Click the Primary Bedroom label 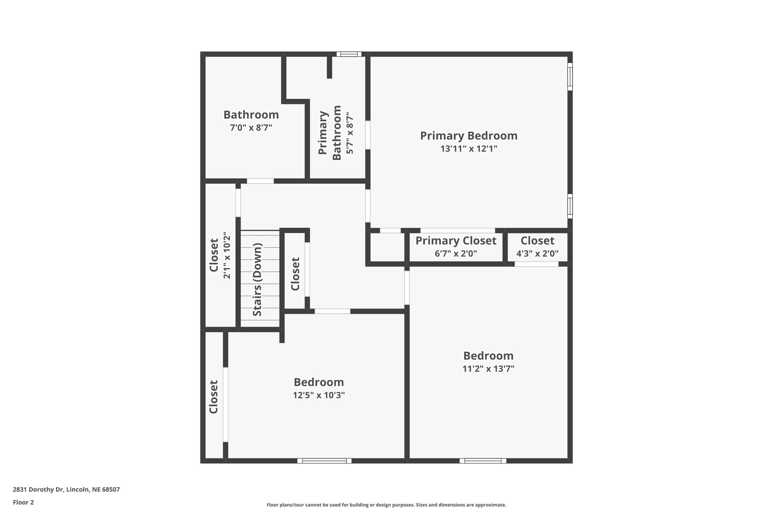click(x=469, y=136)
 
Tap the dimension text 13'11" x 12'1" click(x=469, y=149)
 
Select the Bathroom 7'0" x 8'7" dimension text click(x=251, y=127)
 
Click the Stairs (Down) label click(x=257, y=280)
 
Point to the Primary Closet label click(x=456, y=241)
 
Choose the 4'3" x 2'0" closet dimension click(x=537, y=254)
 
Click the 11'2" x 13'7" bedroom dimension click(x=489, y=369)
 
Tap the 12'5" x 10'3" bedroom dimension click(x=319, y=395)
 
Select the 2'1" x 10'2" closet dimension click(x=227, y=257)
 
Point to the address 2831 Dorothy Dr click(x=66, y=489)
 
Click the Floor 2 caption click(x=23, y=502)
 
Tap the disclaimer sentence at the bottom click(x=386, y=505)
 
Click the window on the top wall click(x=349, y=54)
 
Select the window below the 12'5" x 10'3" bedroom click(x=324, y=461)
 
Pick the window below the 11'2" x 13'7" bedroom click(x=483, y=461)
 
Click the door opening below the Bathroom click(x=260, y=181)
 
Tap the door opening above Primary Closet click(x=458, y=230)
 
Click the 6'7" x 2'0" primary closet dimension click(x=456, y=254)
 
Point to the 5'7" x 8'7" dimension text click(x=350, y=133)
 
